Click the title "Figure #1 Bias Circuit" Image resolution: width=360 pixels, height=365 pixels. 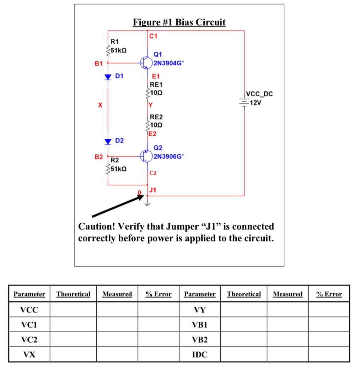[x=179, y=23]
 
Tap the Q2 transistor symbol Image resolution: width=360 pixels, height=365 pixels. [x=146, y=156]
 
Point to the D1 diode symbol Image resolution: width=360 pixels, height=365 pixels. [x=108, y=77]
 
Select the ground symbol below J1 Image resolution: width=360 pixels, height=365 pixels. [x=147, y=203]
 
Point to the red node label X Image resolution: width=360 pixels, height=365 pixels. [x=100, y=105]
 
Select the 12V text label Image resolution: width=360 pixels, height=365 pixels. [x=256, y=103]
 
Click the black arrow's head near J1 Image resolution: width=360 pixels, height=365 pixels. [x=141, y=197]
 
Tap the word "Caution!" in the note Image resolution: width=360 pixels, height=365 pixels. [x=97, y=227]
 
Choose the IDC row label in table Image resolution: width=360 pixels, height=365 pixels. [x=200, y=354]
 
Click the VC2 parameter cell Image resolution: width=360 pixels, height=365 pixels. [x=29, y=339]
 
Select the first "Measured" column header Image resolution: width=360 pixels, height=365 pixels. [x=117, y=294]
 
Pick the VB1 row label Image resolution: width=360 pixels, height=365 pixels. [x=200, y=325]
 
